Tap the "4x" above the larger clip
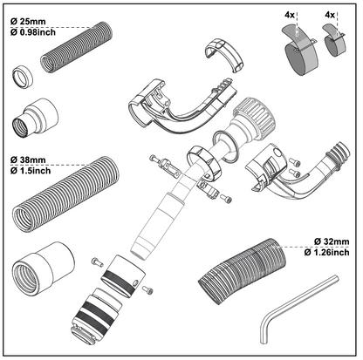(x=291, y=14)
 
